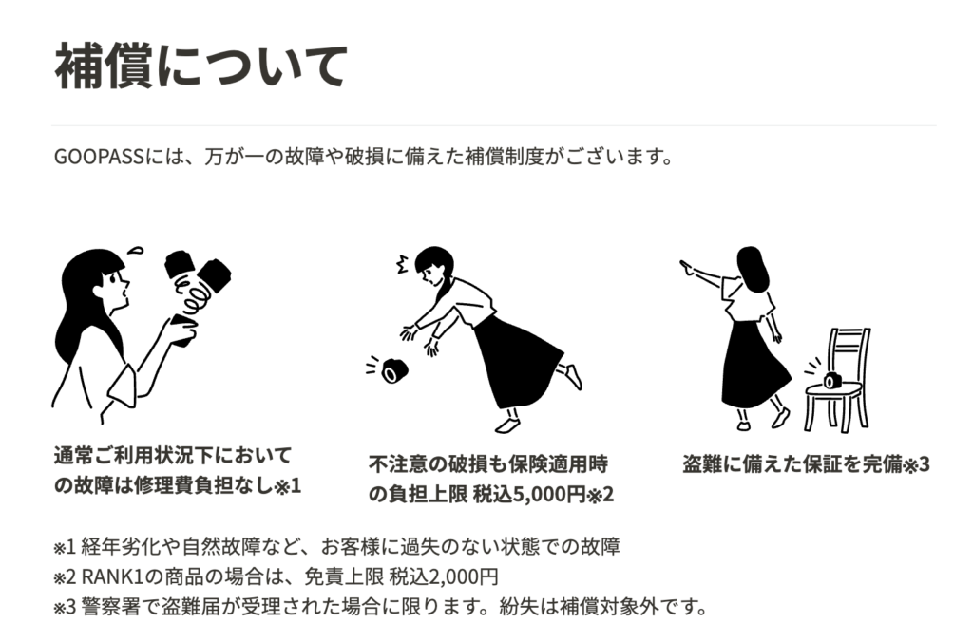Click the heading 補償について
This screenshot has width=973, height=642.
click(201, 66)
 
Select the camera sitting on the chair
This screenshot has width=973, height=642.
click(832, 380)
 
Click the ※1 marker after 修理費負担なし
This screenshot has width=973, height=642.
click(288, 486)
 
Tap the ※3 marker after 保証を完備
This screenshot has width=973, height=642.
click(915, 464)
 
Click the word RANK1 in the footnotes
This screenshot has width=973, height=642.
click(111, 576)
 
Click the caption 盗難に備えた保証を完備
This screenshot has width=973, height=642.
click(791, 464)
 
